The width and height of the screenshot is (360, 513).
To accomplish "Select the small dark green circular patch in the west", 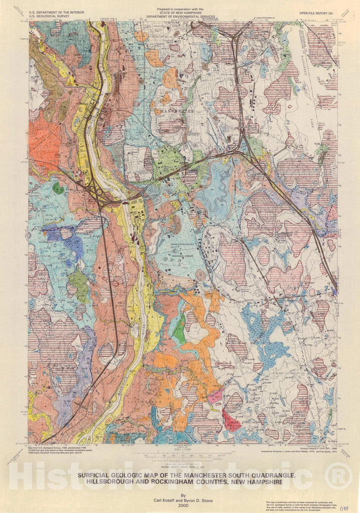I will coord(59,189).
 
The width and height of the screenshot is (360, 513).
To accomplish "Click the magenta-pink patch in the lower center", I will coord(215,397).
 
